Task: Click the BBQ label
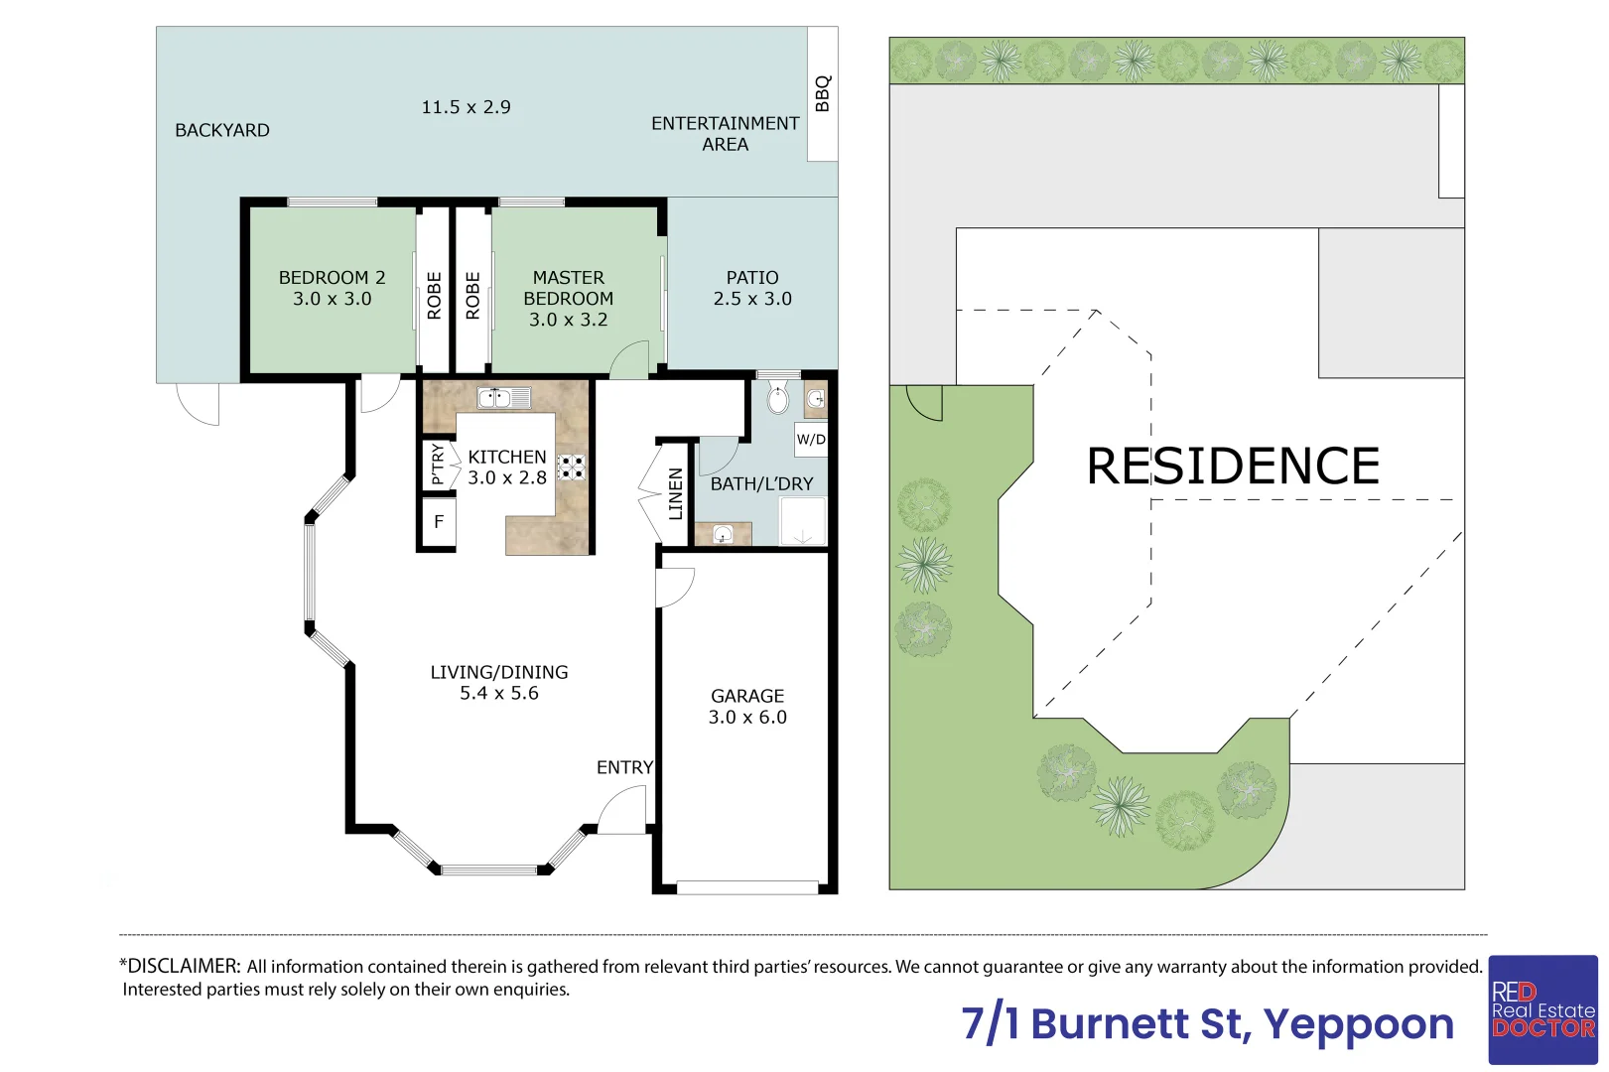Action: (823, 93)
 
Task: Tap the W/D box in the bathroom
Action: (811, 439)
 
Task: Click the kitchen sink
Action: (504, 397)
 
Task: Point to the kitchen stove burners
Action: (571, 468)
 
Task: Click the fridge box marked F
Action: (439, 522)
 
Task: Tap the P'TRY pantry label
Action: (438, 464)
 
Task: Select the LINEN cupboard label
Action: (675, 493)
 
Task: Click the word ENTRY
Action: (625, 767)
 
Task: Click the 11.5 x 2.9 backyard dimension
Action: (466, 107)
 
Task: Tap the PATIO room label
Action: (752, 277)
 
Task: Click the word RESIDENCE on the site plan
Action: (1233, 467)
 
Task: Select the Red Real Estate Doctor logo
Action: (1542, 1009)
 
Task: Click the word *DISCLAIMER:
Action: (180, 966)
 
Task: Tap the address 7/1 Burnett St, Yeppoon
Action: (1207, 1023)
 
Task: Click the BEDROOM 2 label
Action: (332, 277)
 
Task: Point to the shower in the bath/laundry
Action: (803, 521)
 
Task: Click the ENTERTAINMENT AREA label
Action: (725, 134)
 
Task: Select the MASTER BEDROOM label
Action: (568, 288)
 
